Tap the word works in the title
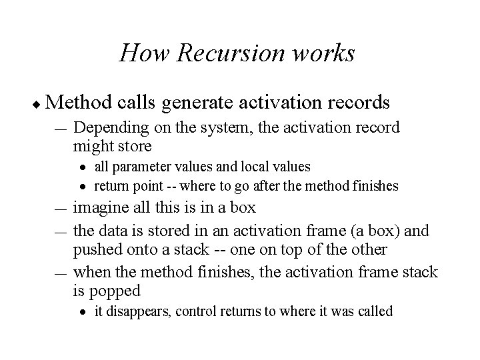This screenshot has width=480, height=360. point(325,53)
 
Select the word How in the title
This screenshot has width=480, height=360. point(141,53)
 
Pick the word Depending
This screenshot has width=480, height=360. point(108,127)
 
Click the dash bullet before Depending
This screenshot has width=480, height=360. point(61,129)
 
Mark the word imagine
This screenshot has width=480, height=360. point(99,207)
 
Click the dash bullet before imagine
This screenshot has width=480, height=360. point(61,209)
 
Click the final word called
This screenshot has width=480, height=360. point(375,311)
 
